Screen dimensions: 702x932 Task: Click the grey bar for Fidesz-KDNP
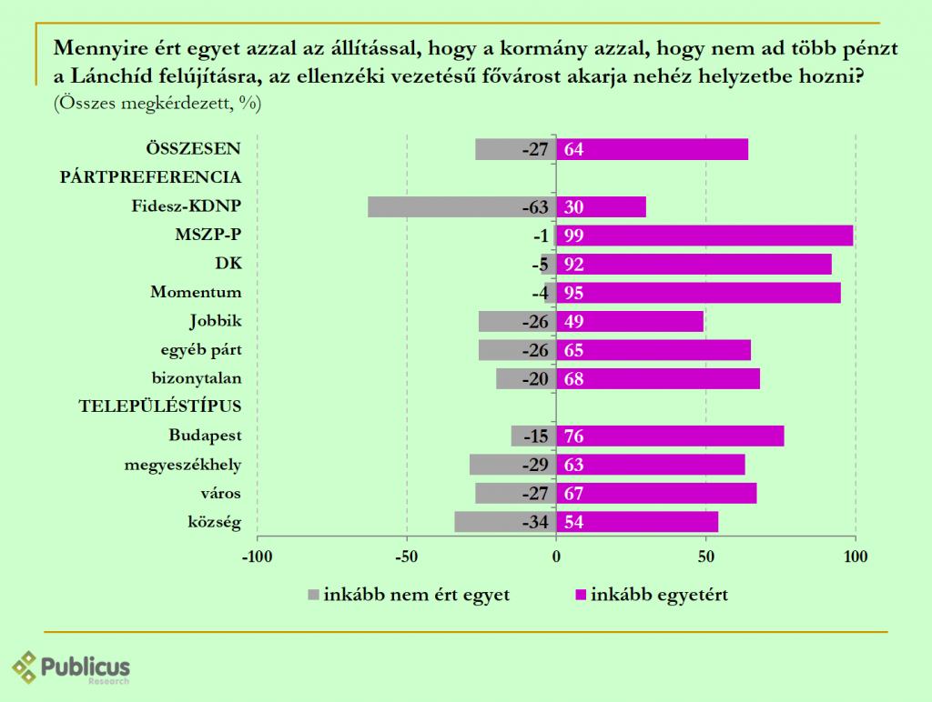437,206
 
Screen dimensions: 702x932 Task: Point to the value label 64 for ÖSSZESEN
573,150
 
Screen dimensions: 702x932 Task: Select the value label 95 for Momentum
573,293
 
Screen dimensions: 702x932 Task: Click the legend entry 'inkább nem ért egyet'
410,596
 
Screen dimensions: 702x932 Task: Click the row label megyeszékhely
183,465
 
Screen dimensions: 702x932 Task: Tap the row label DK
229,264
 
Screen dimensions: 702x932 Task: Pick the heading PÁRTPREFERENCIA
150,176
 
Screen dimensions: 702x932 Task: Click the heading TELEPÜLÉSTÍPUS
160,406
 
